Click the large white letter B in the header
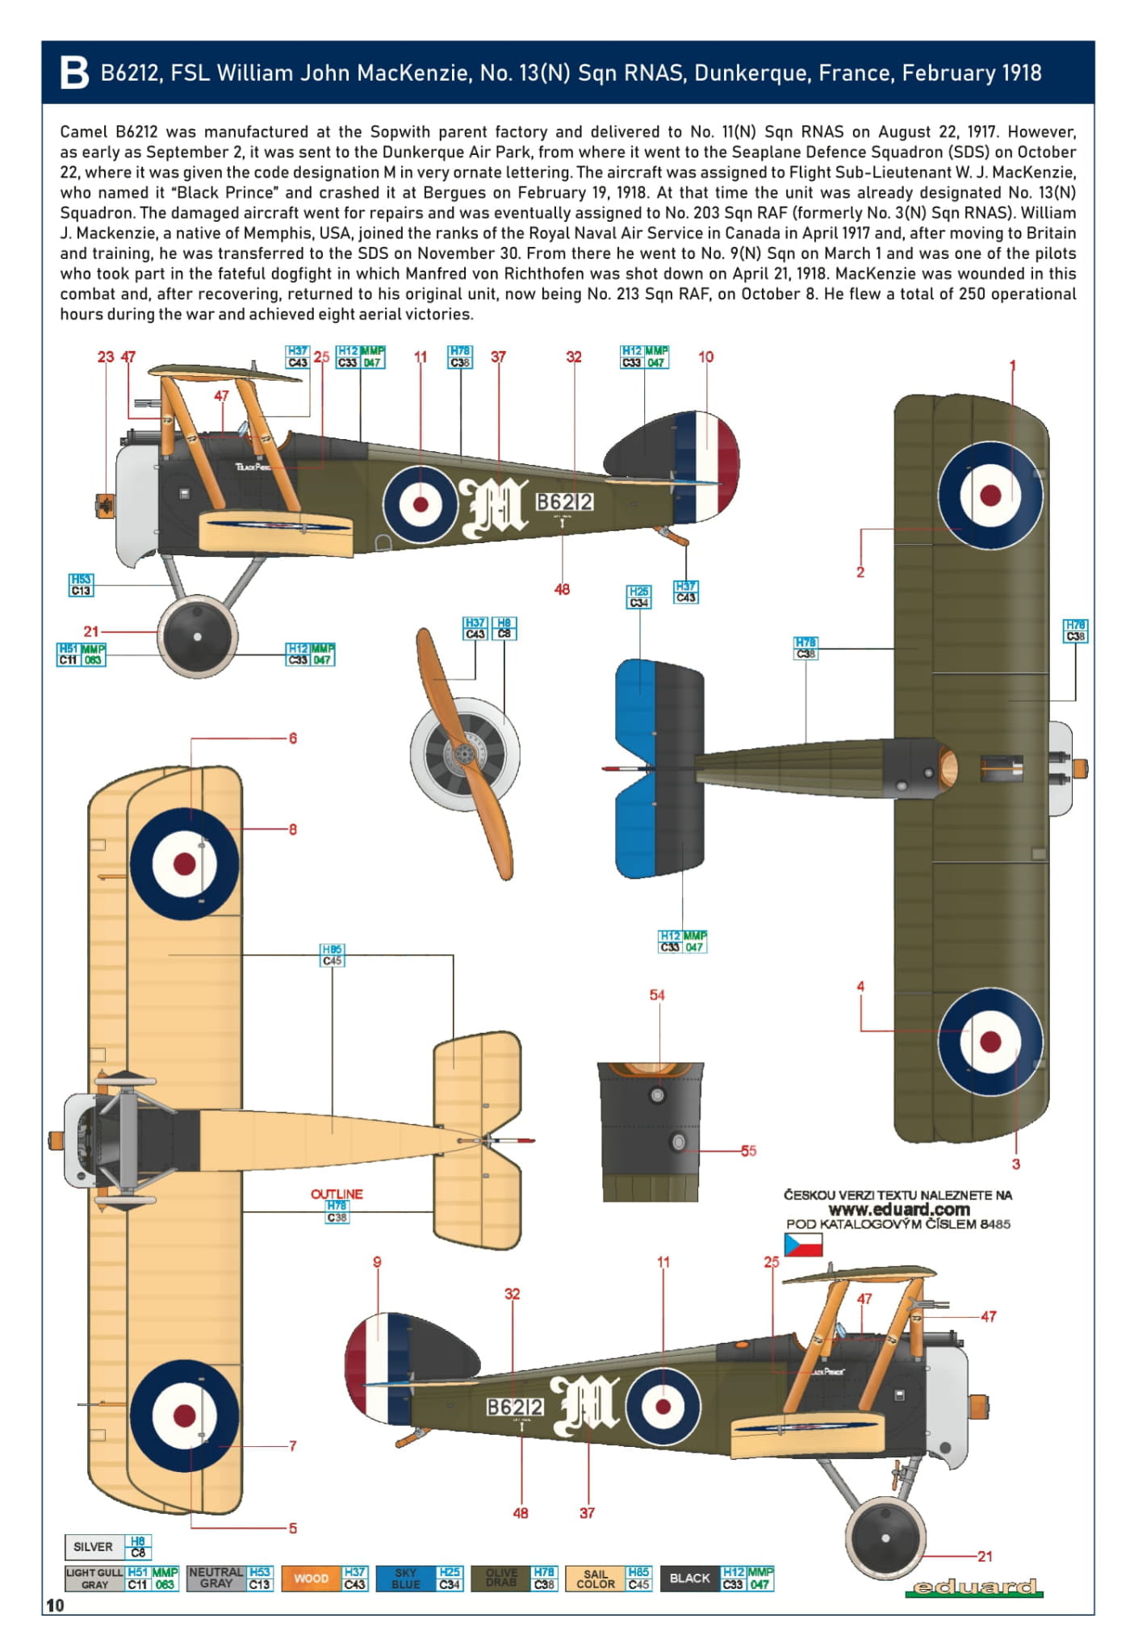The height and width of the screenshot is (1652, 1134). click(74, 73)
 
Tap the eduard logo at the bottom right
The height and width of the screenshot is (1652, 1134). click(973, 1587)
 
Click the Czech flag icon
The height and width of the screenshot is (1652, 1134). click(802, 1244)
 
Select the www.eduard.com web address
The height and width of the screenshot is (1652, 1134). click(898, 1209)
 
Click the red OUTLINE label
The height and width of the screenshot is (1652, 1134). click(337, 1194)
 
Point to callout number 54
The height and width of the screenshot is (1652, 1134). click(657, 995)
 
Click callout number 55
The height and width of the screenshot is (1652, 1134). click(748, 1151)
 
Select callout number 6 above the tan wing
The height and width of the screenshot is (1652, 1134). click(292, 738)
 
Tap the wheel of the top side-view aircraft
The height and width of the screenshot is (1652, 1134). click(198, 637)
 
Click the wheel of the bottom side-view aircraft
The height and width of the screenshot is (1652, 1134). click(886, 1538)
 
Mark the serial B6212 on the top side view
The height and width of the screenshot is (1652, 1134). click(564, 502)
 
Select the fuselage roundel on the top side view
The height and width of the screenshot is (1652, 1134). click(421, 504)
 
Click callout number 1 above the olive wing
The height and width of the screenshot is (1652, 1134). click(1012, 366)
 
